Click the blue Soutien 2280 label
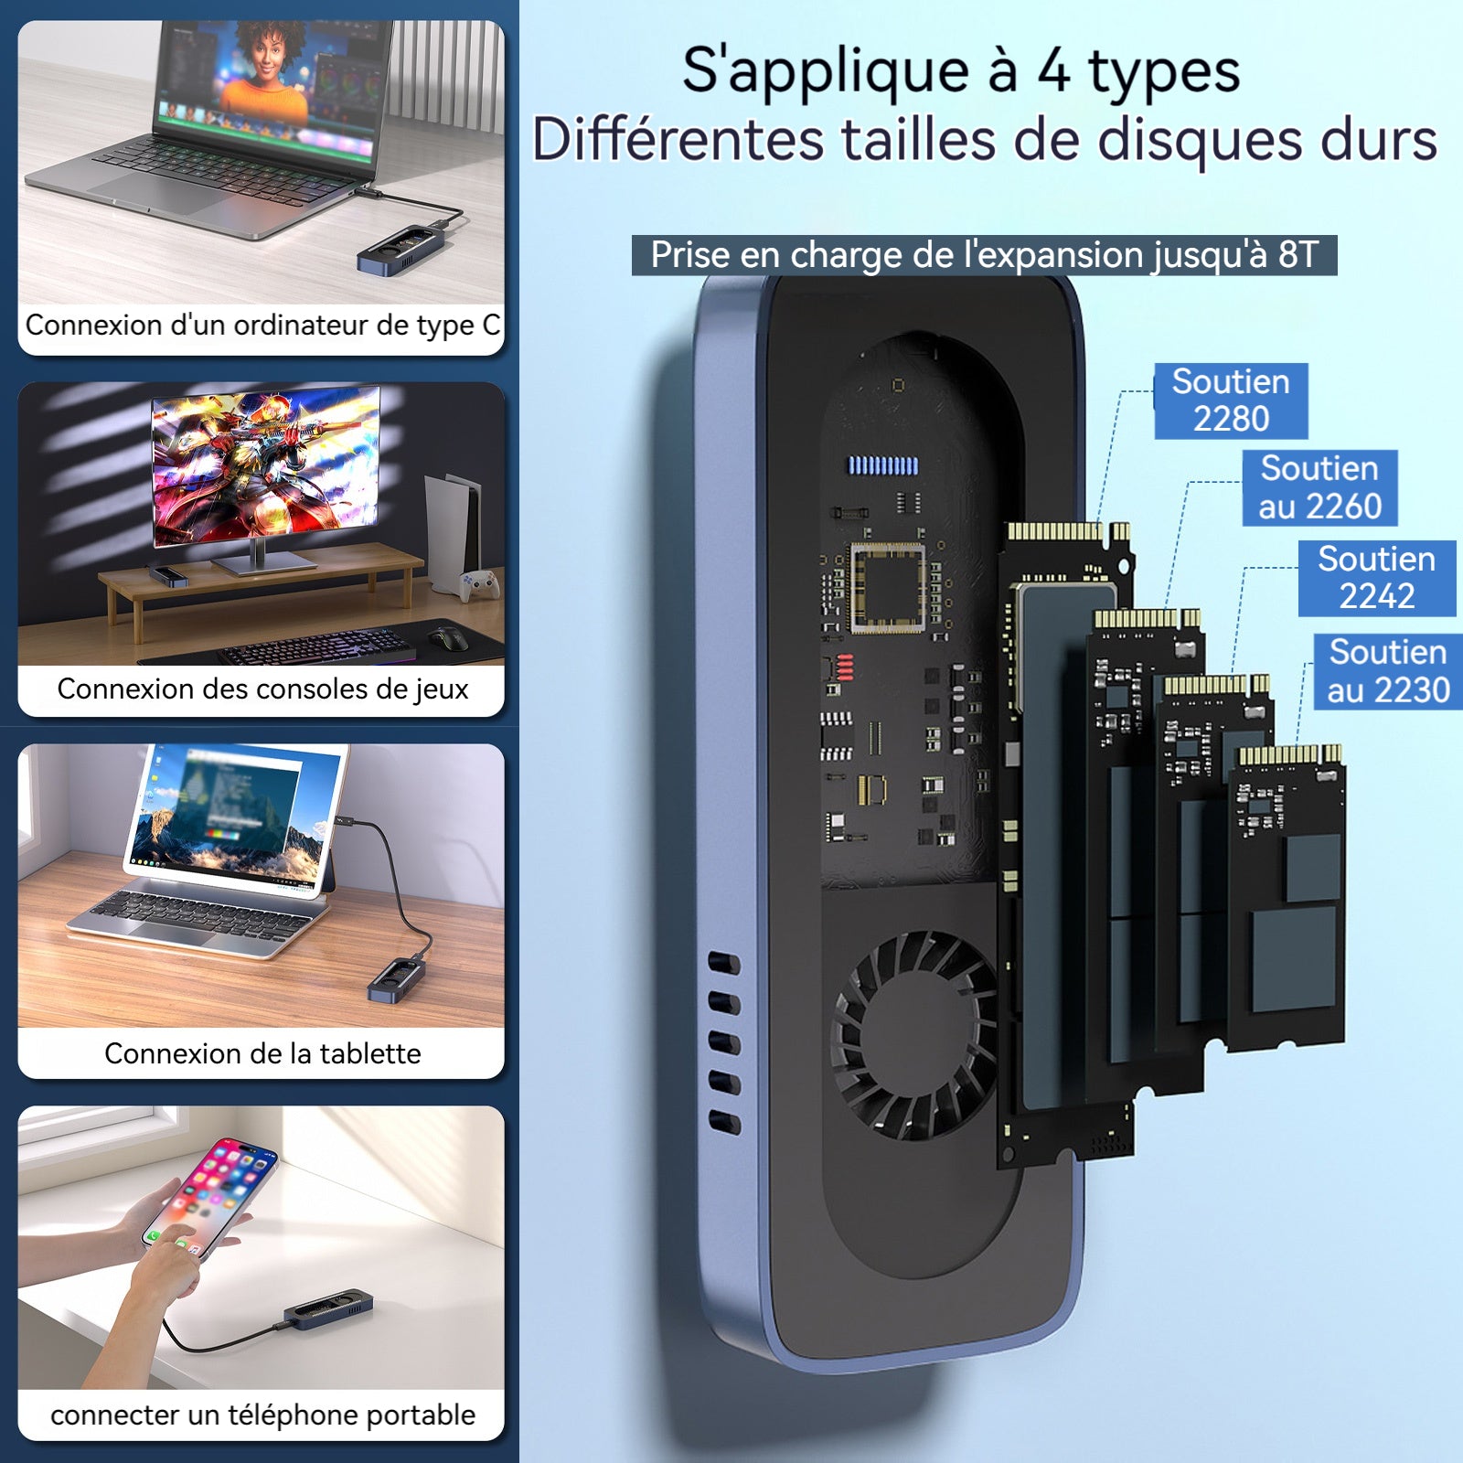click(x=1231, y=400)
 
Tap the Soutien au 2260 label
click(x=1319, y=487)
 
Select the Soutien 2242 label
click(x=1376, y=578)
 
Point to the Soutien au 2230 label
click(x=1388, y=671)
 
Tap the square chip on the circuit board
click(x=888, y=587)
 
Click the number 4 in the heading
click(x=1053, y=71)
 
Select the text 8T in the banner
click(x=1298, y=255)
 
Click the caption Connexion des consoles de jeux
click(x=262, y=689)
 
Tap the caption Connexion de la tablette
click(x=262, y=1053)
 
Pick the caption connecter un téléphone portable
click(x=262, y=1415)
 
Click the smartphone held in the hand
click(x=210, y=1196)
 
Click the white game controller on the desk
click(x=479, y=584)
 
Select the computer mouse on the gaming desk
click(x=448, y=637)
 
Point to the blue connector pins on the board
click(x=883, y=465)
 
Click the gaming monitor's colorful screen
click(x=266, y=465)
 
